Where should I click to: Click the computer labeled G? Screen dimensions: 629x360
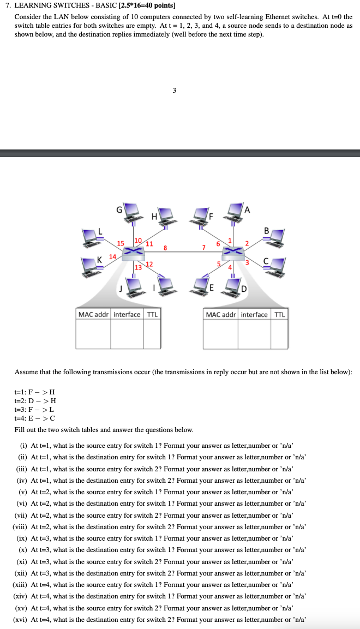tap(131, 210)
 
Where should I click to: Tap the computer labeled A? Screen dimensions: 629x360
tap(235, 209)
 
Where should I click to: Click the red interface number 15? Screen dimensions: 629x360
tap(121, 242)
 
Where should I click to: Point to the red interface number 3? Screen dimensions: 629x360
tap(247, 263)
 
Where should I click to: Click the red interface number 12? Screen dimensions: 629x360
tap(148, 264)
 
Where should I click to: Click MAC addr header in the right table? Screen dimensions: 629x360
tap(220, 315)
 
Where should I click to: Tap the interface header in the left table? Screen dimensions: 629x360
tap(127, 315)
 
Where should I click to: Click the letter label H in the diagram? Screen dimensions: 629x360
tap(154, 217)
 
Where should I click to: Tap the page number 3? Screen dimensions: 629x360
tap(174, 91)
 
